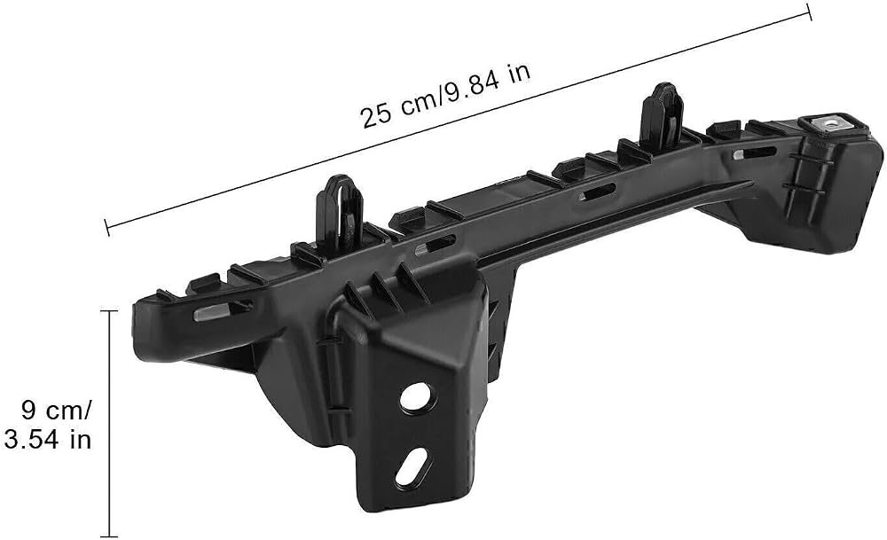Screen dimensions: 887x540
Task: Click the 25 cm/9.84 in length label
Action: (x=446, y=95)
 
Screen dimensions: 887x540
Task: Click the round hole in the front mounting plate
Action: (x=418, y=399)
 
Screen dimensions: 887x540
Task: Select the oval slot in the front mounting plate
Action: (x=413, y=466)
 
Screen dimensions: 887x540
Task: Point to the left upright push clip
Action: (x=340, y=212)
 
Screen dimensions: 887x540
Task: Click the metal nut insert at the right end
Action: (x=828, y=122)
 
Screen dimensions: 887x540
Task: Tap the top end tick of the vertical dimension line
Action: (x=108, y=311)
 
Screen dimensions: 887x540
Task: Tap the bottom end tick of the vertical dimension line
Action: (x=108, y=536)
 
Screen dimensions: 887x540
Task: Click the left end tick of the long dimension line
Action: (x=107, y=227)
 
